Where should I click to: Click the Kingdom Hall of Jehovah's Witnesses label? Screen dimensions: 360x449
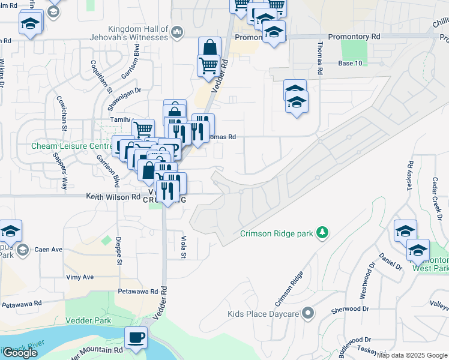click(138, 33)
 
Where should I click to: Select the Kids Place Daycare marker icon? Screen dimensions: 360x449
click(309, 313)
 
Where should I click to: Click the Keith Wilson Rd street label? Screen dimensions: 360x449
click(113, 196)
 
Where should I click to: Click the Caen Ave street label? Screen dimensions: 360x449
click(49, 249)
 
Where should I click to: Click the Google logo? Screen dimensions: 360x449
click(20, 353)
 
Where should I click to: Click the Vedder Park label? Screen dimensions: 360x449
click(94, 320)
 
